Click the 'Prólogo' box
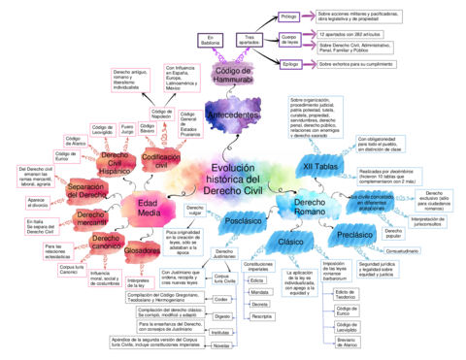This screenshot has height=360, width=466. click(x=289, y=16)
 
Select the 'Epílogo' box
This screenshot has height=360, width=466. click(x=289, y=63)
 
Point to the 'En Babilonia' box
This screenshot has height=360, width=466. click(x=212, y=43)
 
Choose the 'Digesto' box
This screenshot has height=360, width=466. click(x=221, y=316)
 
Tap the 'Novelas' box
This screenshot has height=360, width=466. click(x=221, y=345)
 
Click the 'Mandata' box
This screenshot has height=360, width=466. click(x=260, y=291)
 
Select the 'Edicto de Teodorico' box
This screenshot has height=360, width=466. click(x=346, y=294)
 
